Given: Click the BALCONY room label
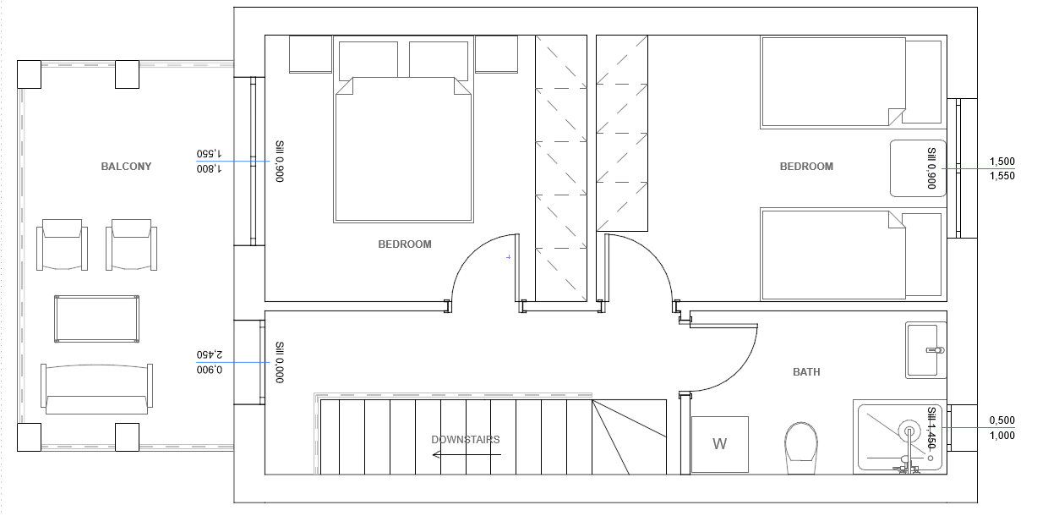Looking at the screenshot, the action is pyautogui.click(x=126, y=167).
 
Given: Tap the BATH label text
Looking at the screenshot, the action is pyautogui.click(x=806, y=372).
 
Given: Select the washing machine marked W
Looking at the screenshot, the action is pyautogui.click(x=720, y=444).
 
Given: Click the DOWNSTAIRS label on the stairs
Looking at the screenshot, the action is pyautogui.click(x=466, y=440).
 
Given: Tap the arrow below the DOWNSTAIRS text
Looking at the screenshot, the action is pyautogui.click(x=467, y=455).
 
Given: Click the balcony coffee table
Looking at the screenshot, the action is pyautogui.click(x=96, y=319).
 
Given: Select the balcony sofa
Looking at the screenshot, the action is pyautogui.click(x=96, y=388).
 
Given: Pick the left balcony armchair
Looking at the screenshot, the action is pyautogui.click(x=62, y=244).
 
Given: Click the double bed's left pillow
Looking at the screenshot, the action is pyautogui.click(x=368, y=59).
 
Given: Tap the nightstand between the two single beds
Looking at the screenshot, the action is pyautogui.click(x=918, y=168).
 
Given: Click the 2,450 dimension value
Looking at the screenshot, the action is pyautogui.click(x=210, y=354).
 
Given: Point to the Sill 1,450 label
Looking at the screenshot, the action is pyautogui.click(x=932, y=427).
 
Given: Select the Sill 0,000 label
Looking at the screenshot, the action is pyautogui.click(x=280, y=362).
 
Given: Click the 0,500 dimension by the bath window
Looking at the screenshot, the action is pyautogui.click(x=1002, y=420).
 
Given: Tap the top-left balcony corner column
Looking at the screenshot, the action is pyautogui.click(x=30, y=74).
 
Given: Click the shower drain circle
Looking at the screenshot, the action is pyautogui.click(x=931, y=458).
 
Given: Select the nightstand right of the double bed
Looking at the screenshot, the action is pyautogui.click(x=496, y=54).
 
